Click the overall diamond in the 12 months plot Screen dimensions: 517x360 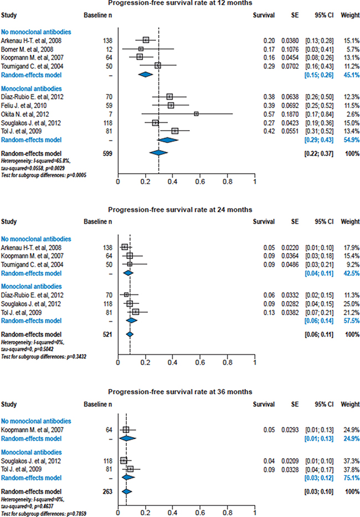[159, 153]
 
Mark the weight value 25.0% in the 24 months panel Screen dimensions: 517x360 [349, 303]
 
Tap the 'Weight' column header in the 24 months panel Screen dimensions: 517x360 [349, 223]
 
